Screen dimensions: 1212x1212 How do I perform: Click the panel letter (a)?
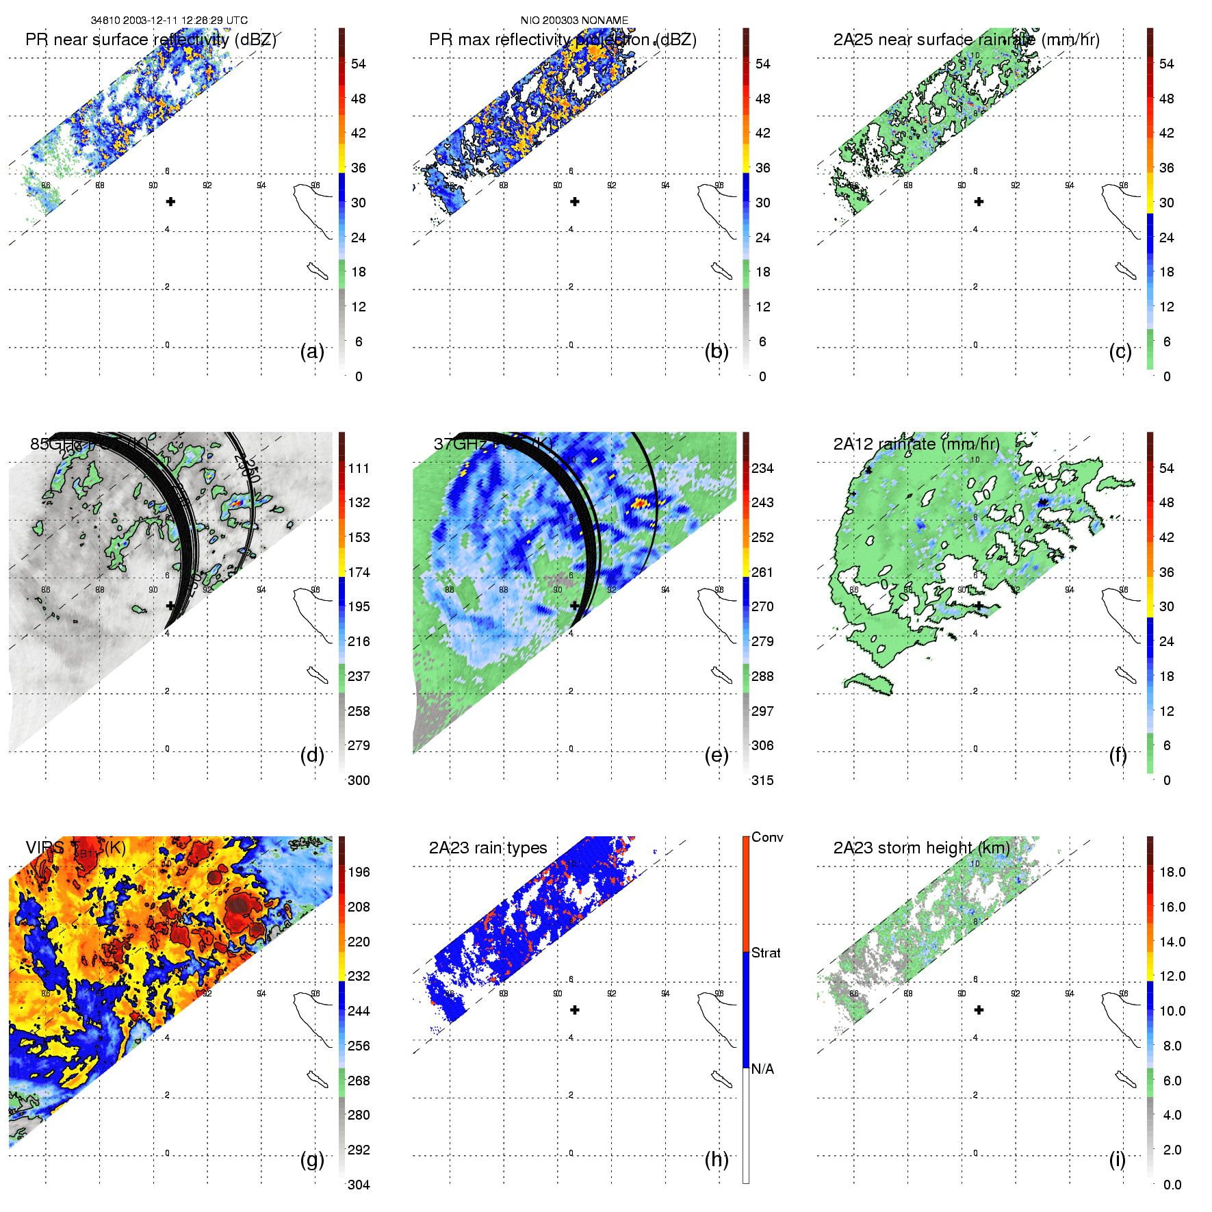point(312,352)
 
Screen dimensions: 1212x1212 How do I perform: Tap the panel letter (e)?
point(716,756)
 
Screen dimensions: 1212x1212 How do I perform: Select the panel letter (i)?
point(1117,1159)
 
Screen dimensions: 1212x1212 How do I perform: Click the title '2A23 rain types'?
point(488,848)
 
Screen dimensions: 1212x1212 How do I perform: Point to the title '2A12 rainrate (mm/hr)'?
point(916,444)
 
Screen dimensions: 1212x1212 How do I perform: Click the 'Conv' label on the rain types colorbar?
point(767,837)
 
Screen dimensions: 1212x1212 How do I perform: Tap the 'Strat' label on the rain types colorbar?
point(766,953)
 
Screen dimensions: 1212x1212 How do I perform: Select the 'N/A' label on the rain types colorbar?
point(762,1069)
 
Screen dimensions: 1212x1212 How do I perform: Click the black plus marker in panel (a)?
point(171,202)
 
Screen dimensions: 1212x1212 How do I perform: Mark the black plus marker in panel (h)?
point(575,1010)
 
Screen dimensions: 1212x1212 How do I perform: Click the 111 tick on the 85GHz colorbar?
point(359,468)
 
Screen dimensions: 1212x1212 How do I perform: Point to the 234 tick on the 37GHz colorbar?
point(762,468)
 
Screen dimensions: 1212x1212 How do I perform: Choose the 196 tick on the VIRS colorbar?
point(359,872)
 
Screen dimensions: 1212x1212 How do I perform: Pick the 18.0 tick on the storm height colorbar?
point(1172,872)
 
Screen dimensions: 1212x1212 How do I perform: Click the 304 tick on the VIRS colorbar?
point(359,1185)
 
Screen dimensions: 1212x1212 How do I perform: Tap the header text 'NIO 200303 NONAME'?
point(574,21)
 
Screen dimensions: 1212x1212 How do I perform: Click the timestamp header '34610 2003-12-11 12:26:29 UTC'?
point(169,21)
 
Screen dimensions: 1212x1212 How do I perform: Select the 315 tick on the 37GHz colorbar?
point(762,780)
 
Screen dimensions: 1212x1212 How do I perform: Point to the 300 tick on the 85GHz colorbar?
point(359,780)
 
